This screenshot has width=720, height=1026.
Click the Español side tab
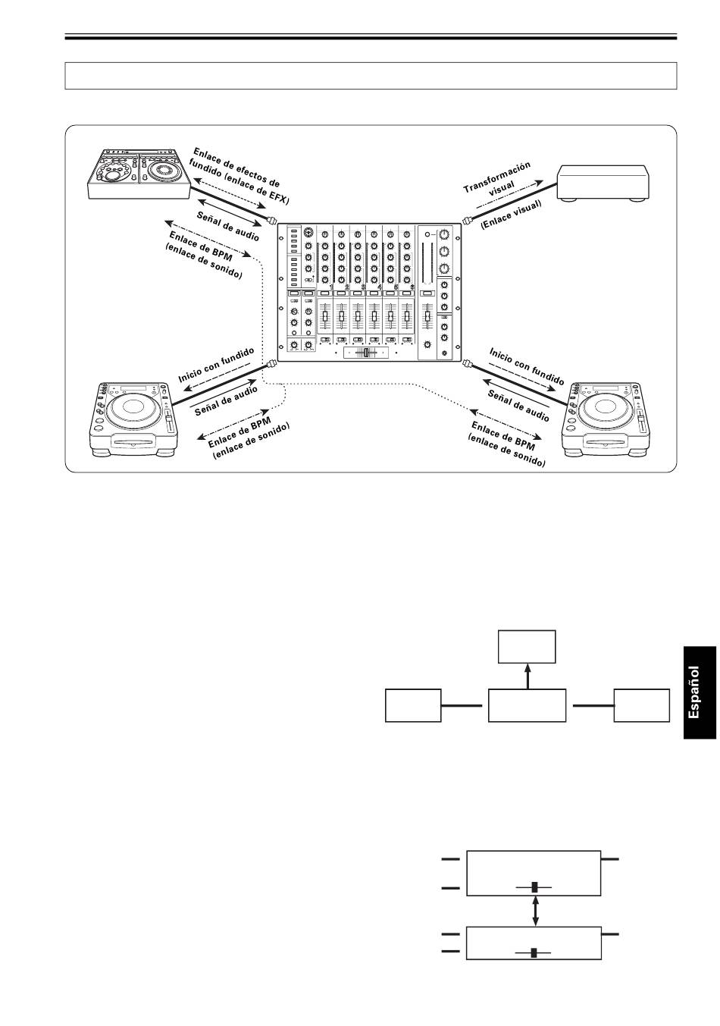pos(699,692)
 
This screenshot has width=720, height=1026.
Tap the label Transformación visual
pos(498,180)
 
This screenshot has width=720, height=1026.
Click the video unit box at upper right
pos(603,184)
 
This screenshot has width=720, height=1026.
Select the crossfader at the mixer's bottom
pos(367,353)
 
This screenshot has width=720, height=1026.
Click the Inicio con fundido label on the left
pos(216,366)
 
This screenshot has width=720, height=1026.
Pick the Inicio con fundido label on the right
pos(527,366)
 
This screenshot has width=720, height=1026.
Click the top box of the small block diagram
pos(527,646)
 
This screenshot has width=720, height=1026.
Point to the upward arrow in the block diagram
pos(528,676)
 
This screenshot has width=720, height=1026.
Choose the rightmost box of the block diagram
pos(642,705)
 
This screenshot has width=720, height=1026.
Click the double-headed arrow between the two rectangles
pos(536,911)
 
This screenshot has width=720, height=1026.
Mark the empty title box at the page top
pos(371,76)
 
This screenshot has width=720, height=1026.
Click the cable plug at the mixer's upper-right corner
pos(468,221)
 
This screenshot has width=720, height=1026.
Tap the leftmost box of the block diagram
pos(413,705)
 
